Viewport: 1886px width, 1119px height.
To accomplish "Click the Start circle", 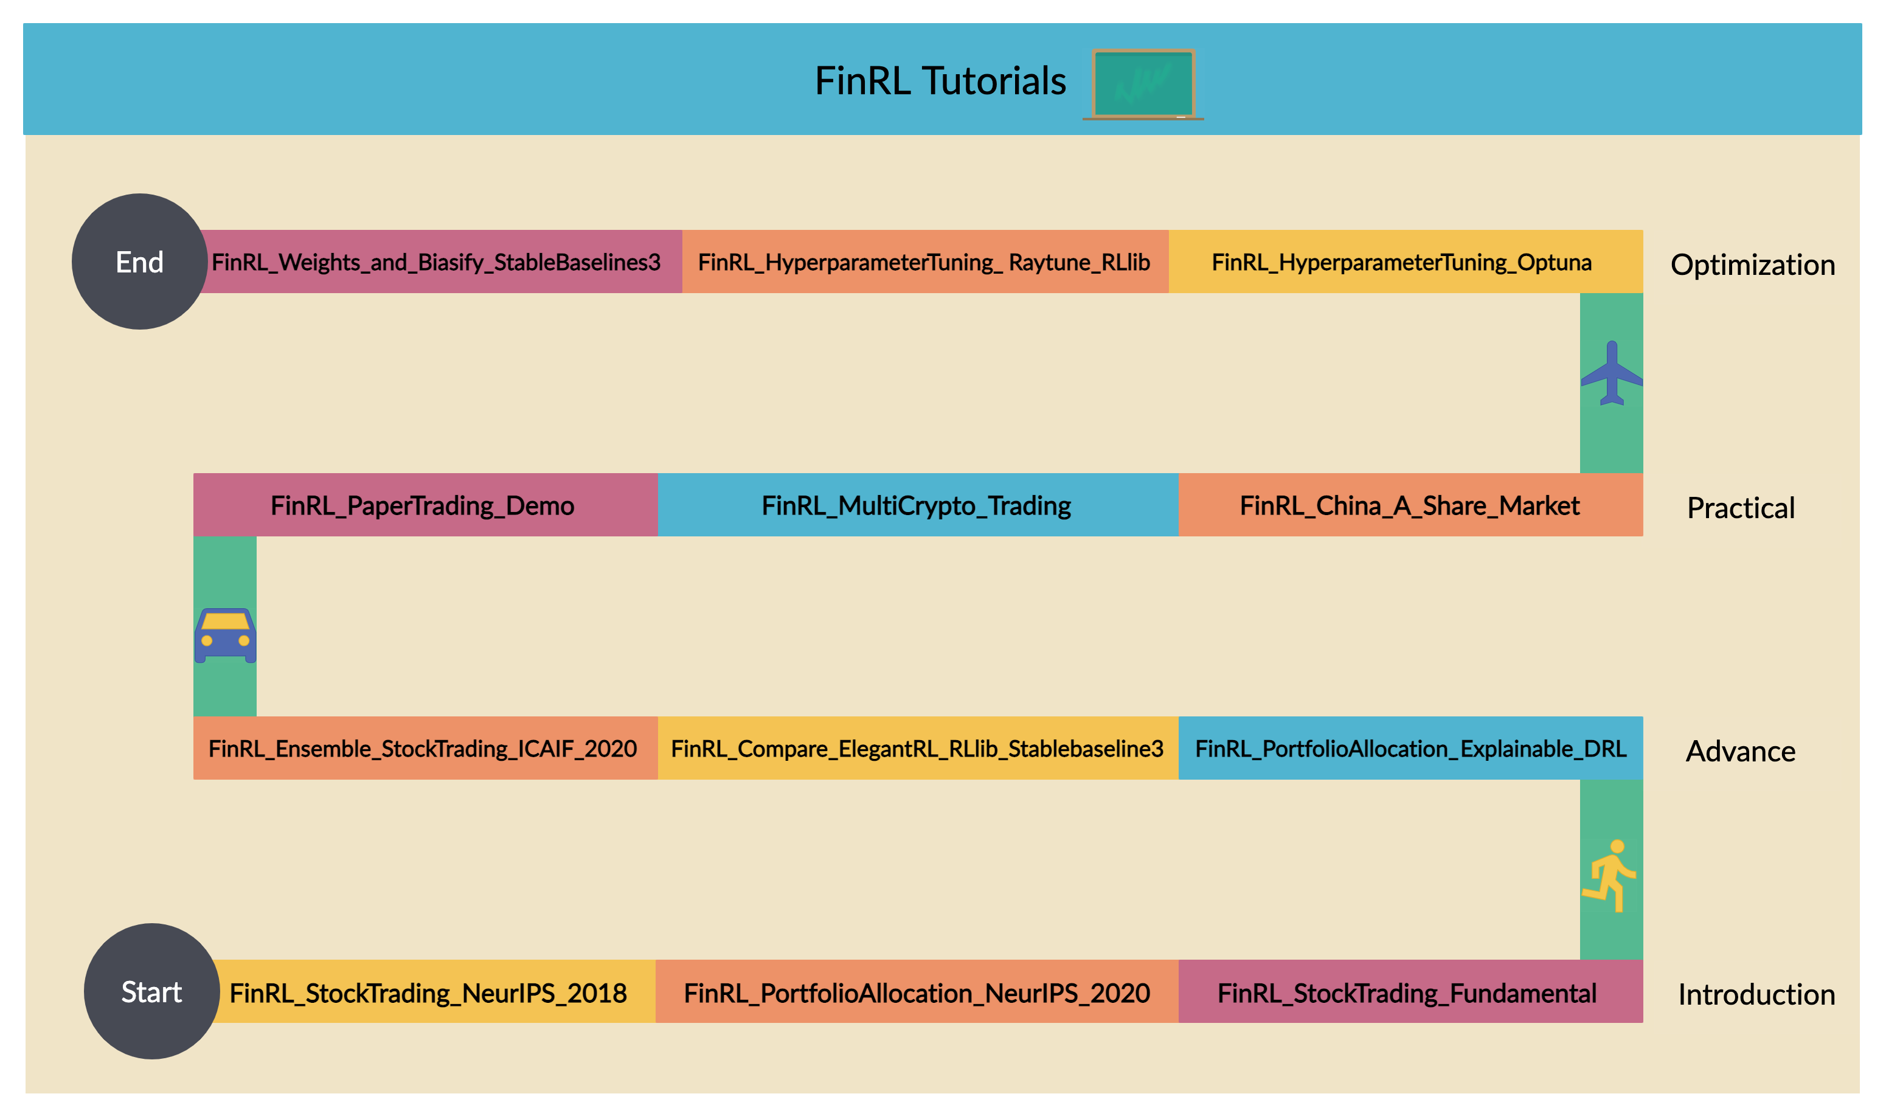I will [151, 991].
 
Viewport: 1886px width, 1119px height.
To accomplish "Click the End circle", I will [139, 262].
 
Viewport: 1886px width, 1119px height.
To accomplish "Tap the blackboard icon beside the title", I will [1143, 84].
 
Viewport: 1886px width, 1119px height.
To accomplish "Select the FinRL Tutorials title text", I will [940, 81].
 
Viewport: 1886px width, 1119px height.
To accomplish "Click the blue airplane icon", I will [1612, 373].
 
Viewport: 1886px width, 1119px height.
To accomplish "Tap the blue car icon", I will [224, 635].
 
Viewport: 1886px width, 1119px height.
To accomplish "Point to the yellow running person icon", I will [1610, 876].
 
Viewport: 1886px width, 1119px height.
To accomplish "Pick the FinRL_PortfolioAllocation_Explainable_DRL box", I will [1410, 748].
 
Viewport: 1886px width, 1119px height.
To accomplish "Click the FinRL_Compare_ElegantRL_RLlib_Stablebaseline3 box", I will [917, 748].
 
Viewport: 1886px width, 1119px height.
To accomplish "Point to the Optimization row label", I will [1753, 265].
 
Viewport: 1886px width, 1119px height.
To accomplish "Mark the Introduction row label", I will [1755, 994].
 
